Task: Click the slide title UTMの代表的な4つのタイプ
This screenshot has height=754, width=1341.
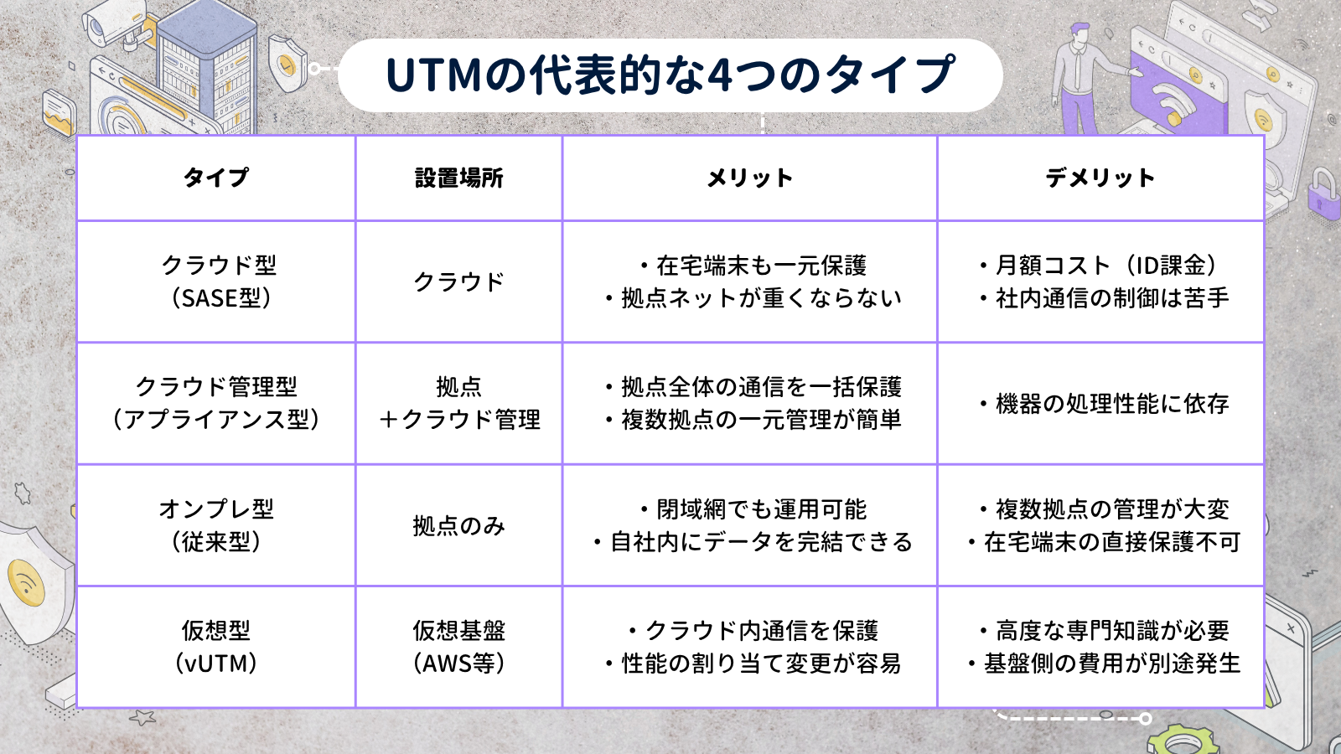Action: coord(670,75)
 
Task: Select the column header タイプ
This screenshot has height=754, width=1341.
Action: coord(215,178)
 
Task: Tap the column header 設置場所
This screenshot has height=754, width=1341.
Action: coord(458,178)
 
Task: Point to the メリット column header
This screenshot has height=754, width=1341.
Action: coord(749,178)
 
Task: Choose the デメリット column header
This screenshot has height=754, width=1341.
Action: coord(1100,178)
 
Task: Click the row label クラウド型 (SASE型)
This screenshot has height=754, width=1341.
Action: coord(219,281)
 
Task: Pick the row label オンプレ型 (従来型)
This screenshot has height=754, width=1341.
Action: coord(216,525)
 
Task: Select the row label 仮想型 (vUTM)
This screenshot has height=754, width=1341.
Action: coord(216,647)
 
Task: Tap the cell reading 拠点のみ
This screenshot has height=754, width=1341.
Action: coord(458,526)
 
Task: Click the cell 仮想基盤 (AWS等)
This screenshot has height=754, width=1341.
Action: coord(458,647)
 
